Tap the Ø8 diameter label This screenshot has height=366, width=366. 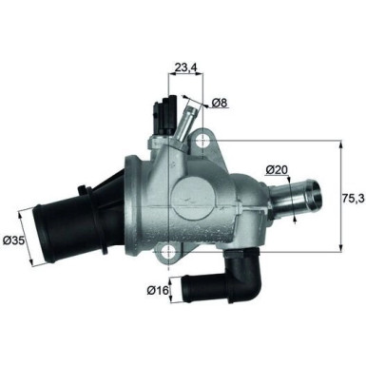click(x=219, y=102)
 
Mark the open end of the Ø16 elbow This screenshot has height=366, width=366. click(x=186, y=282)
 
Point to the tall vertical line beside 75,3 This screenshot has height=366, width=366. click(x=339, y=197)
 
